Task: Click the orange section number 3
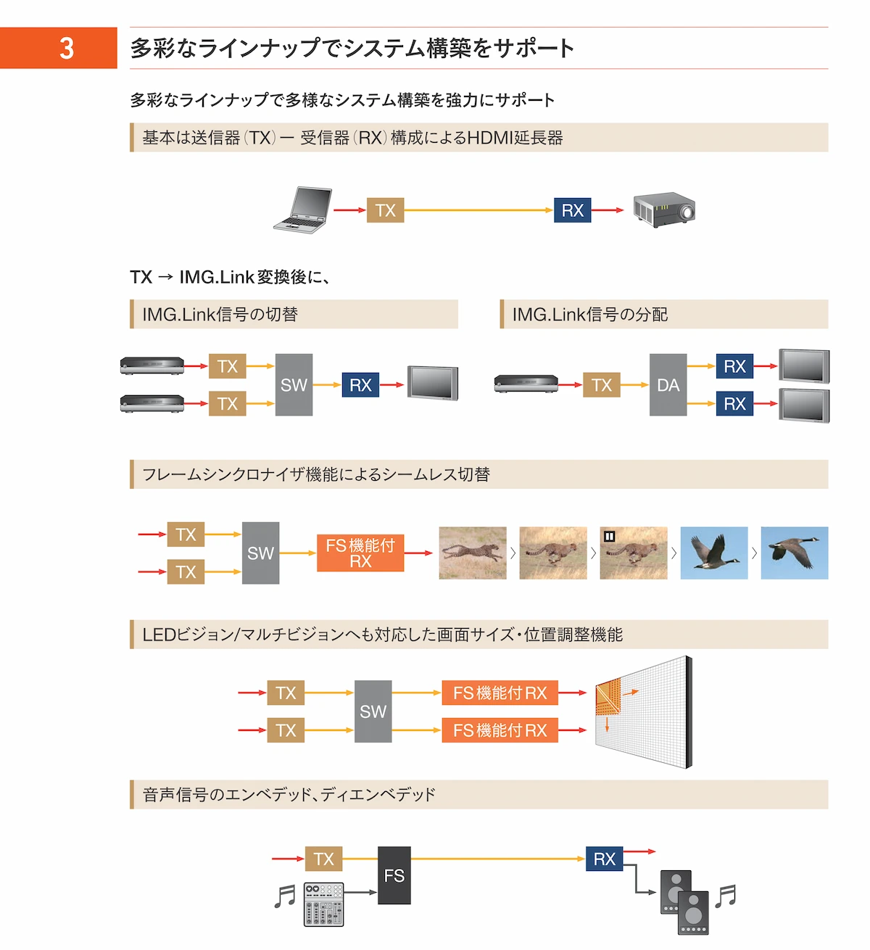(66, 49)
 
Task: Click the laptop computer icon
(303, 210)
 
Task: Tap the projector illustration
(664, 210)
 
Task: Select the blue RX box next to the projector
(572, 210)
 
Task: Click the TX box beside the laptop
(385, 210)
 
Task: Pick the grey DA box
(668, 385)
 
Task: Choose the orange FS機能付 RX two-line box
(360, 553)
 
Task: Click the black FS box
(394, 875)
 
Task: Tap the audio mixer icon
(323, 904)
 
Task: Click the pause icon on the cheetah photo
(610, 537)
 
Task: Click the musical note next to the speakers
(725, 896)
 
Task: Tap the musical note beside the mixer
(285, 896)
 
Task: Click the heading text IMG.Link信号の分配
(590, 315)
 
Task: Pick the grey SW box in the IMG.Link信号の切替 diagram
(294, 385)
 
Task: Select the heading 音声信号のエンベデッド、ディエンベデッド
(289, 795)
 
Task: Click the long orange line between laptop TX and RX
(478, 210)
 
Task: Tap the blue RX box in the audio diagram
(604, 859)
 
